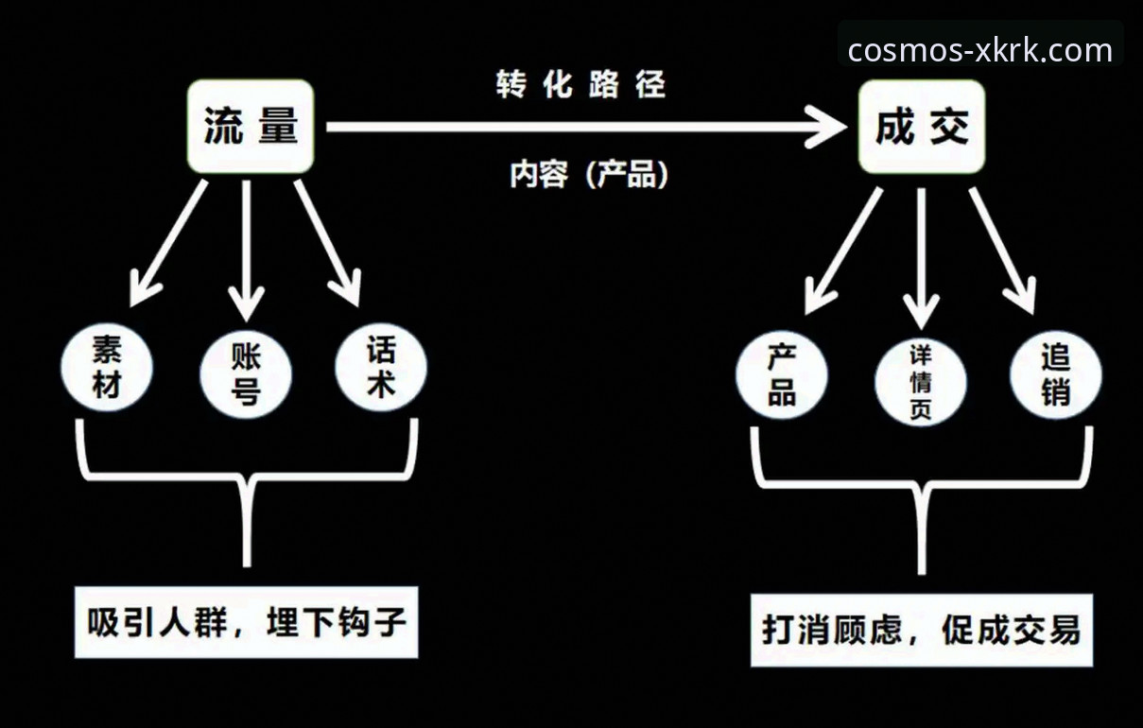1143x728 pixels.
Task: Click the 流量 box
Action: (x=251, y=127)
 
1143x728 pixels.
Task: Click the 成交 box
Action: (x=922, y=127)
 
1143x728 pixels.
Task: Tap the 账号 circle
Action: (x=247, y=374)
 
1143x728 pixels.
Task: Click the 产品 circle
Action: (x=781, y=374)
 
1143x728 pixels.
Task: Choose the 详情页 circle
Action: (x=921, y=382)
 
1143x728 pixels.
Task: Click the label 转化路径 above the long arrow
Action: (x=580, y=85)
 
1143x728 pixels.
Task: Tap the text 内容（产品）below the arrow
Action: (x=589, y=174)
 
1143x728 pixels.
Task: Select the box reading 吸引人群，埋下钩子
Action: (x=246, y=622)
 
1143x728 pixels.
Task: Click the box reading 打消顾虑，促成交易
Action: (x=921, y=630)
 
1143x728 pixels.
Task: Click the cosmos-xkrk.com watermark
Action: (x=979, y=49)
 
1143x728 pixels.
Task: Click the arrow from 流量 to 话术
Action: (x=326, y=241)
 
